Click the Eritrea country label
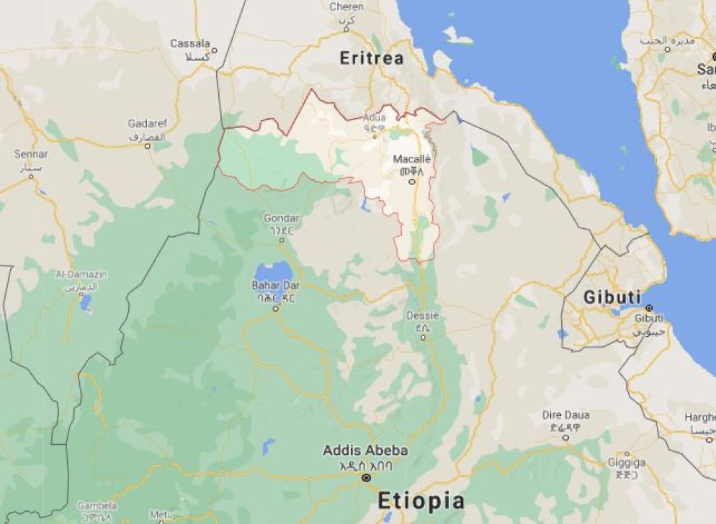(372, 58)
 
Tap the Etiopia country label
(421, 500)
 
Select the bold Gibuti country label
(612, 297)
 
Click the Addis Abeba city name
(365, 451)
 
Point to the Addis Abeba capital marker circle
(366, 478)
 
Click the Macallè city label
(412, 159)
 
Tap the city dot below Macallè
(412, 181)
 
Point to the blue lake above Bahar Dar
(273, 271)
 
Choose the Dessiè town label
(422, 316)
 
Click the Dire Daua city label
(565, 415)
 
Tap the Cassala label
(190, 44)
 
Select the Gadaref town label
(146, 123)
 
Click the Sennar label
(31, 154)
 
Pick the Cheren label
(346, 6)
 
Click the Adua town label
(374, 117)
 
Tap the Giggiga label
(627, 462)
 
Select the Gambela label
(97, 505)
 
